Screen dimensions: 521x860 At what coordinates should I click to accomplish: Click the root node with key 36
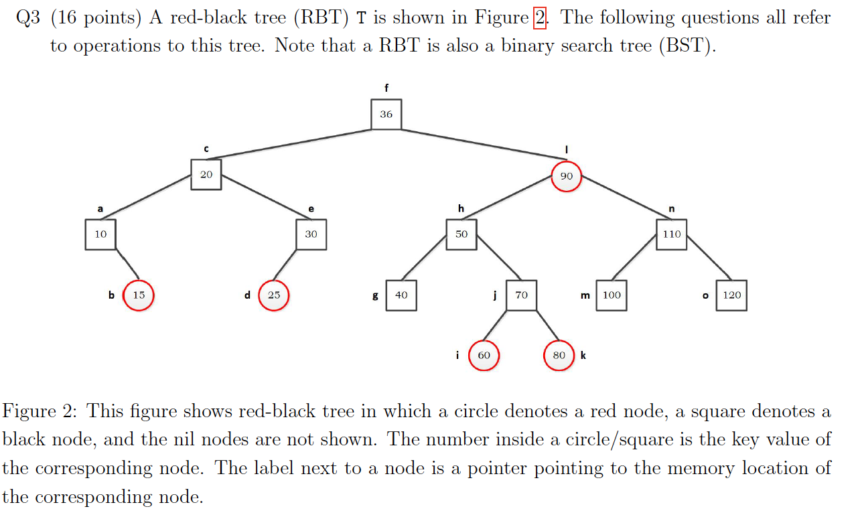tap(386, 114)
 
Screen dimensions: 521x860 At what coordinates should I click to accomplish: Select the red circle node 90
tap(566, 176)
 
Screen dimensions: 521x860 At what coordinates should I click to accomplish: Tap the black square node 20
tap(206, 174)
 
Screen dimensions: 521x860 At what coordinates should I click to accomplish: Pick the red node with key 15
tap(139, 295)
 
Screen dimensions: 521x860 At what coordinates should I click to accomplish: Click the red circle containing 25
tap(274, 295)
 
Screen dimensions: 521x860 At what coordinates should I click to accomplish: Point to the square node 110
tap(671, 234)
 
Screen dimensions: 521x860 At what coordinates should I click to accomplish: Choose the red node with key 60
tap(484, 356)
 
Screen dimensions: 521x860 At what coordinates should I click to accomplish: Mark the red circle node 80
tap(559, 356)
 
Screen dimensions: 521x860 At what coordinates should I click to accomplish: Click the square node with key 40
tap(401, 295)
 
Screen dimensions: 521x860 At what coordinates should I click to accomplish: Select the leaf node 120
tap(731, 295)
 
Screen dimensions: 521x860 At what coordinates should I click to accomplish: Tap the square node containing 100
tap(611, 295)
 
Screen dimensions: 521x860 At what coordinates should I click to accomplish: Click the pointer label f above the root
tap(386, 88)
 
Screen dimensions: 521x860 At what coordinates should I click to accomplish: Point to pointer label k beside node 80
tap(583, 355)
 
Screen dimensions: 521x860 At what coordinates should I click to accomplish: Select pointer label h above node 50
tap(461, 209)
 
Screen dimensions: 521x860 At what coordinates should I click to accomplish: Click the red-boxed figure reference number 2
tap(540, 17)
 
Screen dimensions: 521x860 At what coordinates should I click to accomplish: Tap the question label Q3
tap(29, 18)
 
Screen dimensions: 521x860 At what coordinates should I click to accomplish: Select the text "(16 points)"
tap(96, 18)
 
